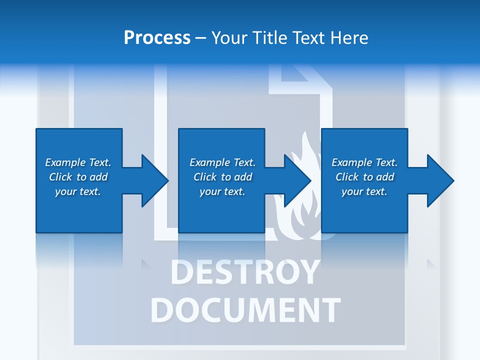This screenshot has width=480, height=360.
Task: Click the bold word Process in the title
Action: point(157,38)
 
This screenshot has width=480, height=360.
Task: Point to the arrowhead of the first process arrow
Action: point(155,180)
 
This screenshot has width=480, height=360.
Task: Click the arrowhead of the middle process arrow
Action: point(297,180)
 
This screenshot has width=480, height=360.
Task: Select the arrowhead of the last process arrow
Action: point(440,180)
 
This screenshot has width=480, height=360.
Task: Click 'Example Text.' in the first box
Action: point(78,162)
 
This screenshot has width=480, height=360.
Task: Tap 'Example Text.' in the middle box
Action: point(222,162)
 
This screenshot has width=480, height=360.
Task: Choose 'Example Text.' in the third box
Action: point(364,162)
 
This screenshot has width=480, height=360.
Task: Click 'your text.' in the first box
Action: point(78,191)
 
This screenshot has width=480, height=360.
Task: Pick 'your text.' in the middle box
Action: point(222,191)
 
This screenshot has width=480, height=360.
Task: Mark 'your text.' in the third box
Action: point(364,191)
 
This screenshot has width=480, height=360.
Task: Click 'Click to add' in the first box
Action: point(78,177)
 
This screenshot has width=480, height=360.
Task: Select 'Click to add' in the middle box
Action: point(222,177)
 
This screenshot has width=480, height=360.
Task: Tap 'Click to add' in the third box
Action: point(364,177)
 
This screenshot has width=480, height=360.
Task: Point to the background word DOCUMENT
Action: point(245,310)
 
